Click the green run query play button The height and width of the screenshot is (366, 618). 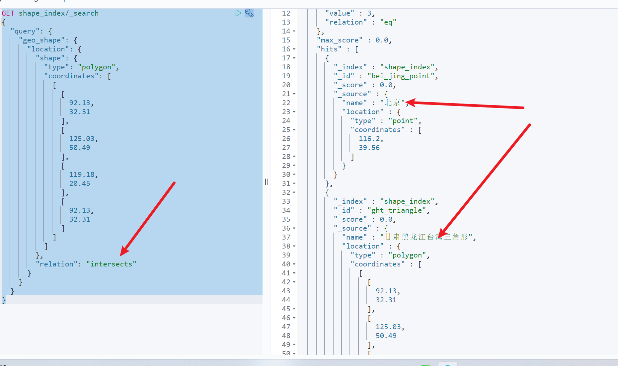coord(238,13)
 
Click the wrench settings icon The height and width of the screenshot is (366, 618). coord(249,13)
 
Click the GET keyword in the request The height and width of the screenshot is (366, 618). coord(8,13)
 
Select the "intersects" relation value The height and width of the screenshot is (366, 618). coord(111,264)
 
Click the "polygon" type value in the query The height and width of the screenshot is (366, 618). coord(97,67)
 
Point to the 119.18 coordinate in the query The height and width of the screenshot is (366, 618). coord(82,175)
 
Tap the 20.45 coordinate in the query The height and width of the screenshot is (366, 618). coord(80,183)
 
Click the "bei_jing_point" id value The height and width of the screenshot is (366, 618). coord(401,76)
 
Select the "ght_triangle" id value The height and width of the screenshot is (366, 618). coord(397,210)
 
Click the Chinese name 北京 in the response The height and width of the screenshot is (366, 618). coord(392,103)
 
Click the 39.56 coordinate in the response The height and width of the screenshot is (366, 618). coord(369,148)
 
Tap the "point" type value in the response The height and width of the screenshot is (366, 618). coord(403,121)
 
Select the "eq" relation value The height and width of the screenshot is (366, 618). coord(388,22)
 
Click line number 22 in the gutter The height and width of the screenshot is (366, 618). coord(286,103)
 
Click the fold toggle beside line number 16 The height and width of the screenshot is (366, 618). coord(294,49)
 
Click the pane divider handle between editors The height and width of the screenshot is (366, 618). coord(266,182)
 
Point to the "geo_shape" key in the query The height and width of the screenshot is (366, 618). coord(42,40)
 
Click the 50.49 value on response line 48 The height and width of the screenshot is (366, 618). coord(386,336)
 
